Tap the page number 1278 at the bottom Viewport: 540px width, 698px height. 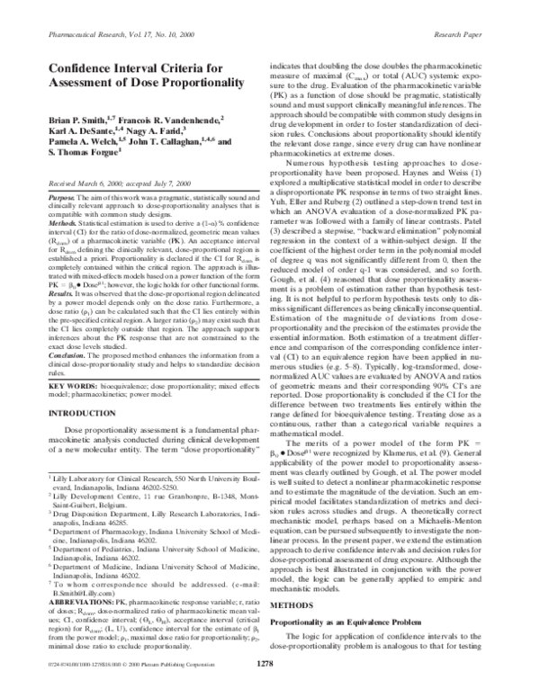tap(265, 688)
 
